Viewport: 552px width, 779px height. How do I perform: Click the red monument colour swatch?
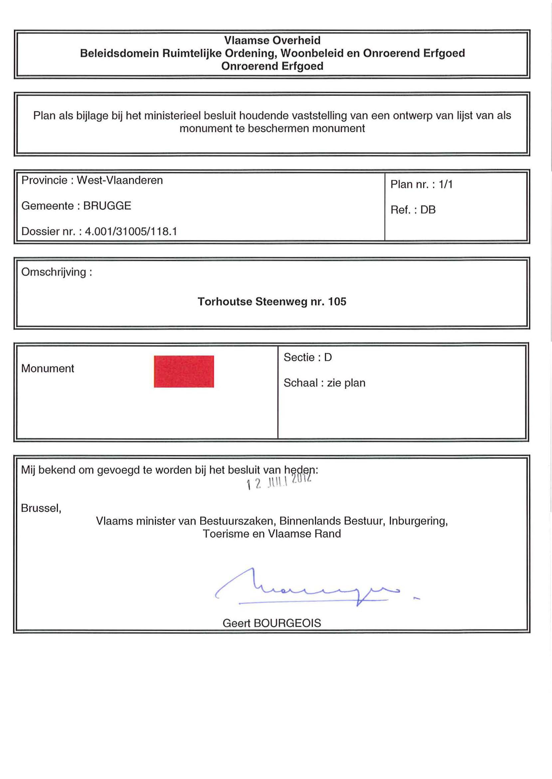point(184,371)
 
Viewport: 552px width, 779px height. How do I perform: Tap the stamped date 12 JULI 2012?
point(279,482)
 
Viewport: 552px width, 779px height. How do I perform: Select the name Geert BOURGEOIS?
point(272,623)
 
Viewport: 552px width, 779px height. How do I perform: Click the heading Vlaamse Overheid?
point(272,41)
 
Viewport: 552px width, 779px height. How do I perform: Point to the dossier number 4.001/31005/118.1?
point(131,232)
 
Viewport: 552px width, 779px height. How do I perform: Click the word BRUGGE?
point(107,206)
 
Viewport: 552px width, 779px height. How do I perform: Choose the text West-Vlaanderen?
point(120,180)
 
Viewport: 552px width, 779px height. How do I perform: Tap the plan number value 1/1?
point(446,184)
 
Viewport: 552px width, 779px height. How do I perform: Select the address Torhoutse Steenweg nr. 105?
point(272,301)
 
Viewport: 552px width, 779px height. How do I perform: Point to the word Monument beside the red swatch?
point(48,368)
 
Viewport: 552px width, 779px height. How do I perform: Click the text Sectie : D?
point(308,357)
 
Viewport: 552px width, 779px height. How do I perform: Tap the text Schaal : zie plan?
point(324,383)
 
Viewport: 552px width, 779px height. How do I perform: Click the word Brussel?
point(41,508)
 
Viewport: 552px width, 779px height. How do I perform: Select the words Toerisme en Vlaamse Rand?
point(272,534)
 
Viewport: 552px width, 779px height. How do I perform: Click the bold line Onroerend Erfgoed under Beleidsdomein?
point(272,66)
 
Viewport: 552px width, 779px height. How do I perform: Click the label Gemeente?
point(48,206)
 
